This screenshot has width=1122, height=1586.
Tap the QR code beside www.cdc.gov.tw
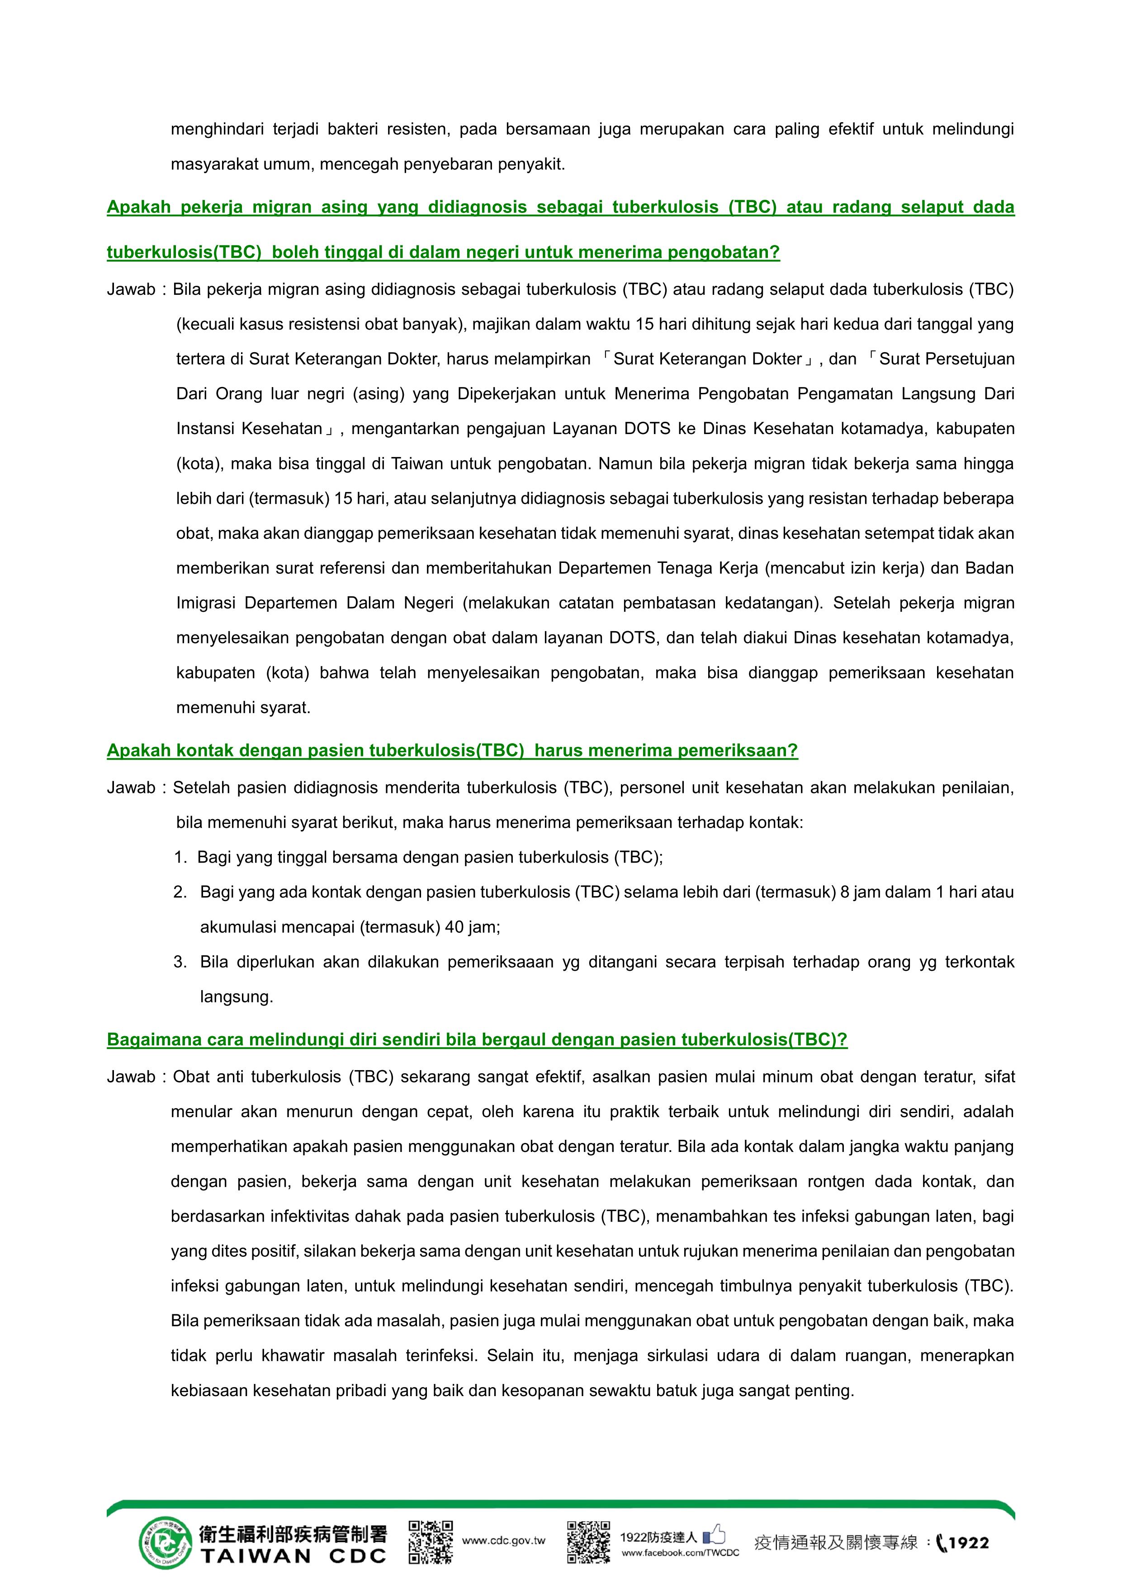click(431, 1542)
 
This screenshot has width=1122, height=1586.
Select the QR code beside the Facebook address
click(589, 1542)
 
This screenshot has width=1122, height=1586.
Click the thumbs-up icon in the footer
click(715, 1535)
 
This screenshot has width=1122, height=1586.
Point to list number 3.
click(180, 962)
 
